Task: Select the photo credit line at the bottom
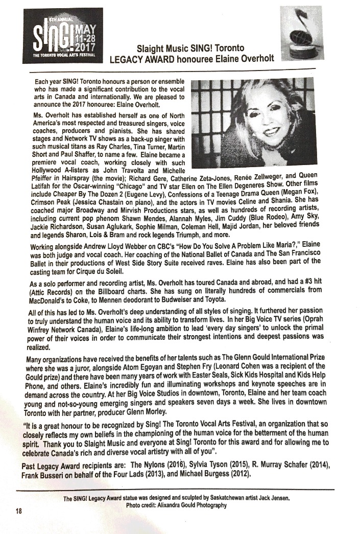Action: coord(176,505)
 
